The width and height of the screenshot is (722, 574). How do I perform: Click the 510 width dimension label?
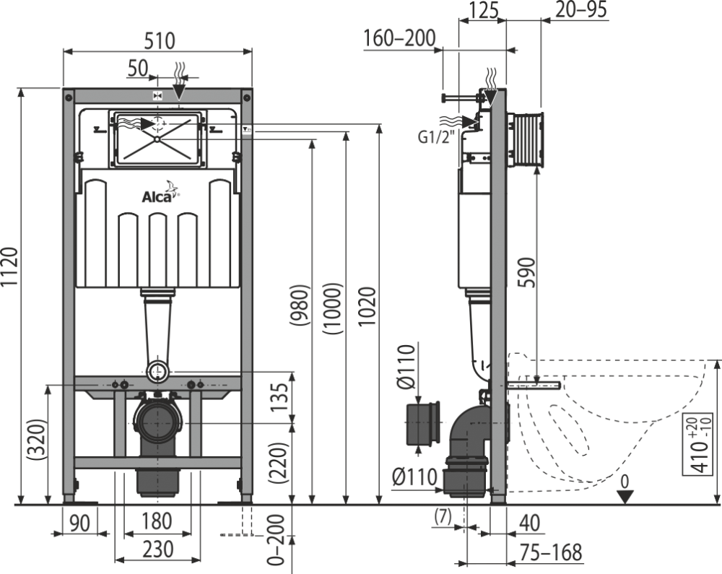[160, 40]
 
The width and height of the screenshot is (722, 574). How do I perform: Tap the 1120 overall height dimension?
[9, 267]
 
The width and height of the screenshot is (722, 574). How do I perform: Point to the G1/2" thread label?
[436, 136]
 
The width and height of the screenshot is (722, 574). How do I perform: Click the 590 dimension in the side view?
[528, 272]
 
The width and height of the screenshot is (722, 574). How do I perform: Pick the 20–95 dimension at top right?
[581, 9]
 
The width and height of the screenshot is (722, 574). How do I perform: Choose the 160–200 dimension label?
[399, 38]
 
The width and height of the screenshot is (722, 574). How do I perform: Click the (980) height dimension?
[300, 305]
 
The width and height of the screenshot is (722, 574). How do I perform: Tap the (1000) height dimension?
[332, 309]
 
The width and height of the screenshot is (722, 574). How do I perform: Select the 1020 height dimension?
[367, 307]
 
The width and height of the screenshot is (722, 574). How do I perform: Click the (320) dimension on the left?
[36, 440]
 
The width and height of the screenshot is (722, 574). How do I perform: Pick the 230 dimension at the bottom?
[157, 549]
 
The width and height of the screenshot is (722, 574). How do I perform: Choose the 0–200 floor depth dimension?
[277, 539]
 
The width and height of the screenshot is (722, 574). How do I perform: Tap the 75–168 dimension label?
[551, 552]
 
